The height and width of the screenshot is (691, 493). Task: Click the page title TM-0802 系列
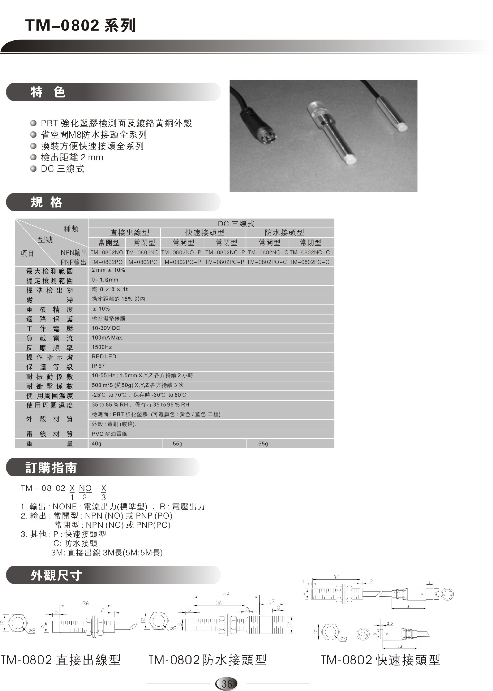(x=80, y=25)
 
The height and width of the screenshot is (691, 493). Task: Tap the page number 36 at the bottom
(x=226, y=684)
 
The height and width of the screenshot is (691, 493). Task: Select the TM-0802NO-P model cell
(x=181, y=252)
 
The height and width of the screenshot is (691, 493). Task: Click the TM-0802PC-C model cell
(x=309, y=262)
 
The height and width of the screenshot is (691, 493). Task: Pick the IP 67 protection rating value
(x=98, y=366)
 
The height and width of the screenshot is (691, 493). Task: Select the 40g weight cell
(x=97, y=443)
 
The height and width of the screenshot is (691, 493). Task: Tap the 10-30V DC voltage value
(x=106, y=328)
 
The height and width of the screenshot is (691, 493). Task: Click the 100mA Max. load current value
(x=108, y=338)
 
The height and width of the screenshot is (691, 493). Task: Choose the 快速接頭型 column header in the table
(x=205, y=233)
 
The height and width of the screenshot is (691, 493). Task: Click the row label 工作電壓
(x=50, y=329)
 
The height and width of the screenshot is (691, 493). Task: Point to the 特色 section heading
(x=48, y=92)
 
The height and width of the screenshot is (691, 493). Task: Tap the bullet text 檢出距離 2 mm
(x=72, y=157)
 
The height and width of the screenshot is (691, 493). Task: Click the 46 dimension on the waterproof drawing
(x=226, y=594)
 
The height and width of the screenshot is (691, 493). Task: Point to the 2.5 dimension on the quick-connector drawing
(x=390, y=623)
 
